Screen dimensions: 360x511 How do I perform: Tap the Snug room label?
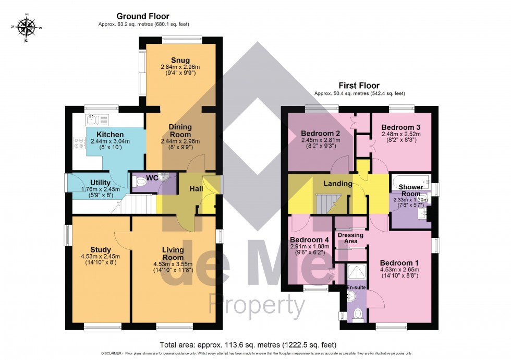coord(180,60)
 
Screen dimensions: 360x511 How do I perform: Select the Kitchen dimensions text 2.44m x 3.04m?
coord(102,141)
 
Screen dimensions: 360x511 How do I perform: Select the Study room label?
coord(100,249)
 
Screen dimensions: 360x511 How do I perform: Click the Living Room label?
coord(173,254)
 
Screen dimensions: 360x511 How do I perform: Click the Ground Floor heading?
coord(142,16)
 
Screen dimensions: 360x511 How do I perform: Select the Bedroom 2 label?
coord(312,133)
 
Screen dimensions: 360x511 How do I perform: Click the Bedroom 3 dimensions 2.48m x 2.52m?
coord(400,134)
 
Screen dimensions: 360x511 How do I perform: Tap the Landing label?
coord(338,184)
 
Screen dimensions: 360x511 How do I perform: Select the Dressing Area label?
coord(350,238)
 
